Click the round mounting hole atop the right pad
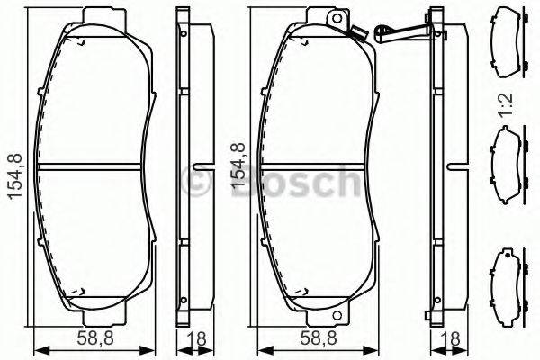point(338,20)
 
